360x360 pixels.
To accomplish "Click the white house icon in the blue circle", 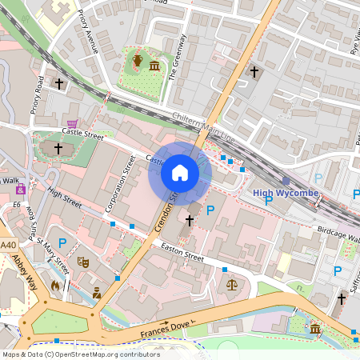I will (x=180, y=172).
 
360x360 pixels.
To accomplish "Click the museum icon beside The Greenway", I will (x=154, y=63).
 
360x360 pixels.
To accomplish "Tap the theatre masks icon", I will (x=81, y=261).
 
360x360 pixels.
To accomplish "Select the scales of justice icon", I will (x=232, y=283).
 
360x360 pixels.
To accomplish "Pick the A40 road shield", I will (x=8, y=244).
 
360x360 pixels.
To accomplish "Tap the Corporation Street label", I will (x=120, y=184).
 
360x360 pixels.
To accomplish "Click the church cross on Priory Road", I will (x=58, y=82).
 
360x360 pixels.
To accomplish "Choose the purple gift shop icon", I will (x=20, y=189).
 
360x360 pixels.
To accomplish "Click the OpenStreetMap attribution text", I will (x=81, y=354).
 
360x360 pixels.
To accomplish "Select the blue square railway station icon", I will (x=286, y=181).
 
